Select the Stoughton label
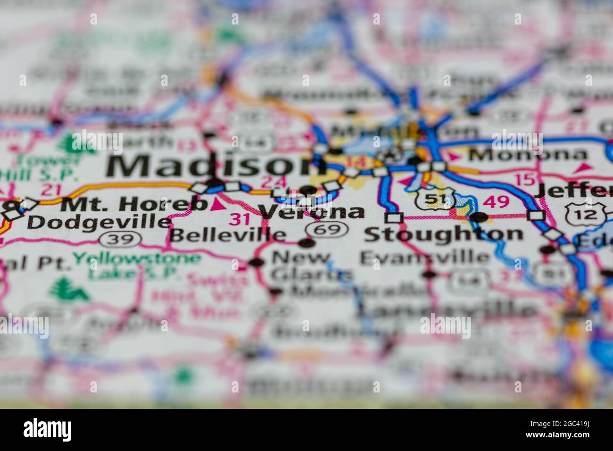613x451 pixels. (x=443, y=234)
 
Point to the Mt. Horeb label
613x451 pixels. (x=135, y=204)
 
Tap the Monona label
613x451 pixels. (x=527, y=154)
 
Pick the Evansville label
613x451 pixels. (x=424, y=258)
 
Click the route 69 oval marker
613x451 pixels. (x=327, y=230)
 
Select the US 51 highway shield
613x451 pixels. (x=435, y=198)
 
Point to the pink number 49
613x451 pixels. (x=497, y=202)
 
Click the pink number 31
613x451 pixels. (x=240, y=219)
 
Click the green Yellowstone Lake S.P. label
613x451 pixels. (x=137, y=265)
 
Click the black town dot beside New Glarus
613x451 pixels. (x=257, y=262)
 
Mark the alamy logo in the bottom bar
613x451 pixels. (x=48, y=430)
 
